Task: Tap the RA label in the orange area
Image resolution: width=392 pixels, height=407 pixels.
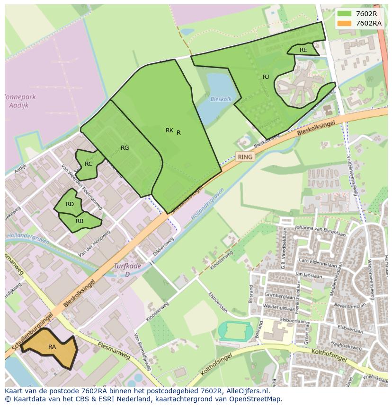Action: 52,347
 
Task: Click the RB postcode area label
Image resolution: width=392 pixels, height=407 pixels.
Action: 80,221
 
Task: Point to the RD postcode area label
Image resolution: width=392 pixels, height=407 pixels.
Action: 70,204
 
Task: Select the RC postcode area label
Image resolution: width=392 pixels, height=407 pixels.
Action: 89,164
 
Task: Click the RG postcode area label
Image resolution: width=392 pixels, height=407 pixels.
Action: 125,148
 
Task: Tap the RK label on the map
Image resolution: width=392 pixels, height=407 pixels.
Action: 169,130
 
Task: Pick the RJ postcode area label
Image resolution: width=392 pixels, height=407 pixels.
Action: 266,77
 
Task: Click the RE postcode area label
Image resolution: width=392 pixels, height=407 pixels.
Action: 303,50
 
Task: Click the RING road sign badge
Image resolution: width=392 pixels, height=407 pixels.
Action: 245,157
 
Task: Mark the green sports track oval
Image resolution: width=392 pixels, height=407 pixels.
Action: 235,330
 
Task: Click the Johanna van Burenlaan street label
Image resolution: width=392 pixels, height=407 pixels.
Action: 320,231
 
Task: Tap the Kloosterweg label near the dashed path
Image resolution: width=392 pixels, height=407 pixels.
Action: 222,260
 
